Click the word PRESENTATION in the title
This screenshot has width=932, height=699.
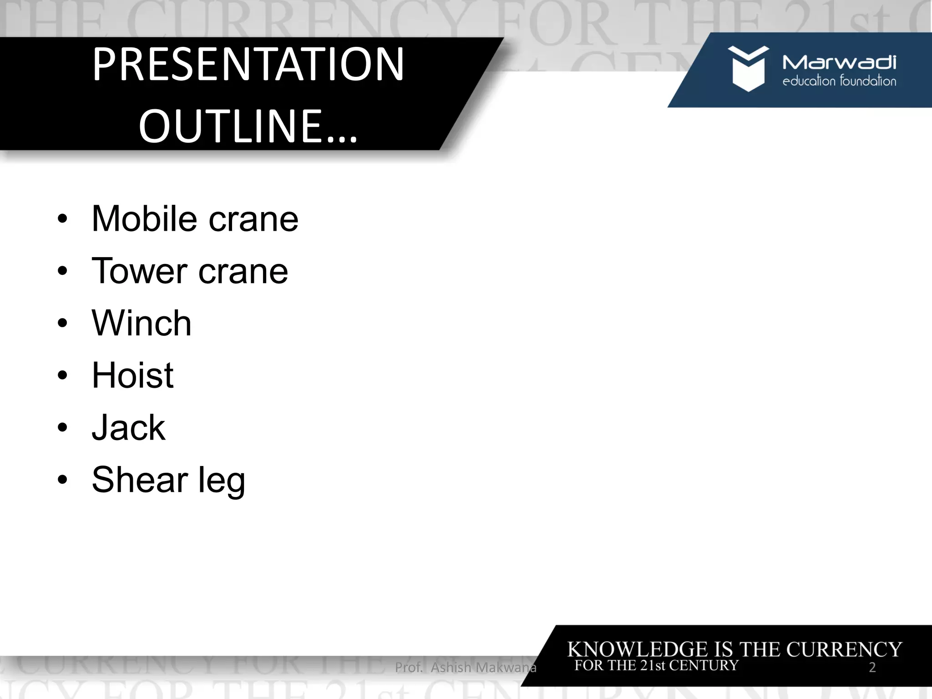coord(248,65)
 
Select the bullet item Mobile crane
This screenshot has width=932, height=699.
coord(195,219)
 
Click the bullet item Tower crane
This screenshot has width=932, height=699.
coord(190,271)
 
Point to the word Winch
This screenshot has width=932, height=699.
coord(142,323)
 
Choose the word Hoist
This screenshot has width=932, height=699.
coord(132,375)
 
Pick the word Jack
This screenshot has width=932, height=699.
coord(128,428)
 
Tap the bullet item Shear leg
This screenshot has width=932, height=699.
coord(168,480)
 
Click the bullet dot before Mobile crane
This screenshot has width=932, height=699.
coord(62,219)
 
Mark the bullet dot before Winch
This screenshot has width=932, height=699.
coord(62,324)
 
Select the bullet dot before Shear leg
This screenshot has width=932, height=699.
coord(62,480)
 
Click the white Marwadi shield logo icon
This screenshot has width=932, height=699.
coord(748,68)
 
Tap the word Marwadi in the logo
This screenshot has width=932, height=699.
coord(839,62)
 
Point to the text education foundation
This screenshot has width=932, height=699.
coord(839,81)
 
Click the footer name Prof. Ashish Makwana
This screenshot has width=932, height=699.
coord(466,668)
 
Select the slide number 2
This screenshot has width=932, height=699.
coord(872,668)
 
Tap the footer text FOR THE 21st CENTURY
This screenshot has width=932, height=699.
coord(656,665)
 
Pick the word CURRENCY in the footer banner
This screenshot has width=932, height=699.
coord(844,649)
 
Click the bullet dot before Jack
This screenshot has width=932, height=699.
coord(62,428)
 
